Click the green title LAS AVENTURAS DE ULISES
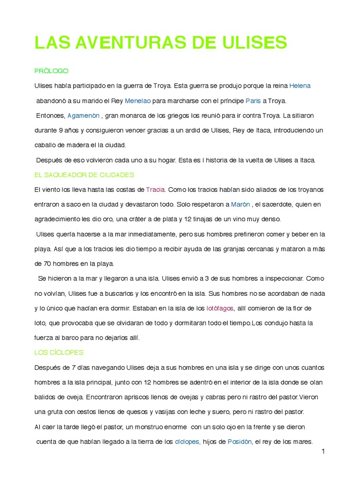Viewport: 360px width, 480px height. click(160, 43)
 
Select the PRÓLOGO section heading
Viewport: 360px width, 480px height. click(52, 71)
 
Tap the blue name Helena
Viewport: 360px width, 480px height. click(300, 86)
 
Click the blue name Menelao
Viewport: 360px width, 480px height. click(137, 101)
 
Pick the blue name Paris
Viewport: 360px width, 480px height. click(253, 101)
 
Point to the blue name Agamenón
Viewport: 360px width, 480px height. click(83, 115)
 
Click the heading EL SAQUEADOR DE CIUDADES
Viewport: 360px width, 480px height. click(84, 175)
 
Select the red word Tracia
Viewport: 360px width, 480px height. click(155, 190)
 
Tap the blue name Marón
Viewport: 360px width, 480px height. click(240, 204)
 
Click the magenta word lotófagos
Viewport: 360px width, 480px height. click(220, 308)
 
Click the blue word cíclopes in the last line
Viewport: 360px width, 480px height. click(187, 442)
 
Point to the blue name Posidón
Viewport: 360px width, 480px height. click(240, 442)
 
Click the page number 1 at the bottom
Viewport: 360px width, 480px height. click(323, 451)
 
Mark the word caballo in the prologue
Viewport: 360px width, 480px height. click(47, 145)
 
